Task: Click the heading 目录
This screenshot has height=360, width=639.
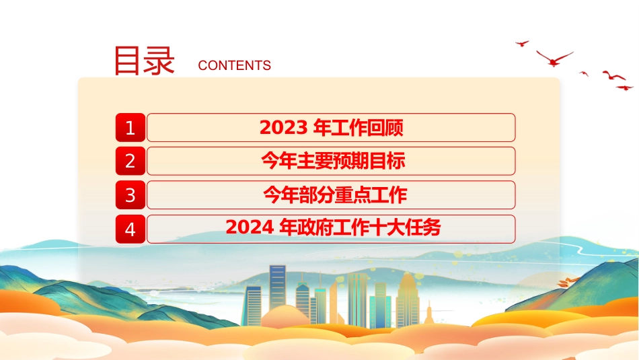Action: pos(144,61)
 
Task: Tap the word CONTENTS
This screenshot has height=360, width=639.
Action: pos(234,65)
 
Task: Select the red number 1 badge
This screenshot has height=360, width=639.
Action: pos(130,128)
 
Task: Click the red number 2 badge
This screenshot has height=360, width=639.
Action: pos(130,161)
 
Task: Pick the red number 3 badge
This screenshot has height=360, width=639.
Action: pos(130,195)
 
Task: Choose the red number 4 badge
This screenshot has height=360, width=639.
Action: pos(130,229)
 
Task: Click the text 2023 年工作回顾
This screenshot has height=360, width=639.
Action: pos(332,128)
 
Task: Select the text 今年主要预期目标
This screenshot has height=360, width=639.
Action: pos(333,161)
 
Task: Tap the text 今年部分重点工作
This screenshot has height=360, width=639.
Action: pos(335,194)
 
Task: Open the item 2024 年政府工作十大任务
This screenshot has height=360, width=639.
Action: pos(333,227)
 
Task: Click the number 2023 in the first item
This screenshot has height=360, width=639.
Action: pos(283,128)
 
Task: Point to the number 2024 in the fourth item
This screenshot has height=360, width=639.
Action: pos(250,227)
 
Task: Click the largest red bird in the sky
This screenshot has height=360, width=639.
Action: pos(554,59)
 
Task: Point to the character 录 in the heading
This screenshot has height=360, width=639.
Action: pos(159,61)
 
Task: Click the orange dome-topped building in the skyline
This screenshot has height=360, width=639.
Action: pos(407,299)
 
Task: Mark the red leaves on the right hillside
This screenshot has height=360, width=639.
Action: pos(568,281)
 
